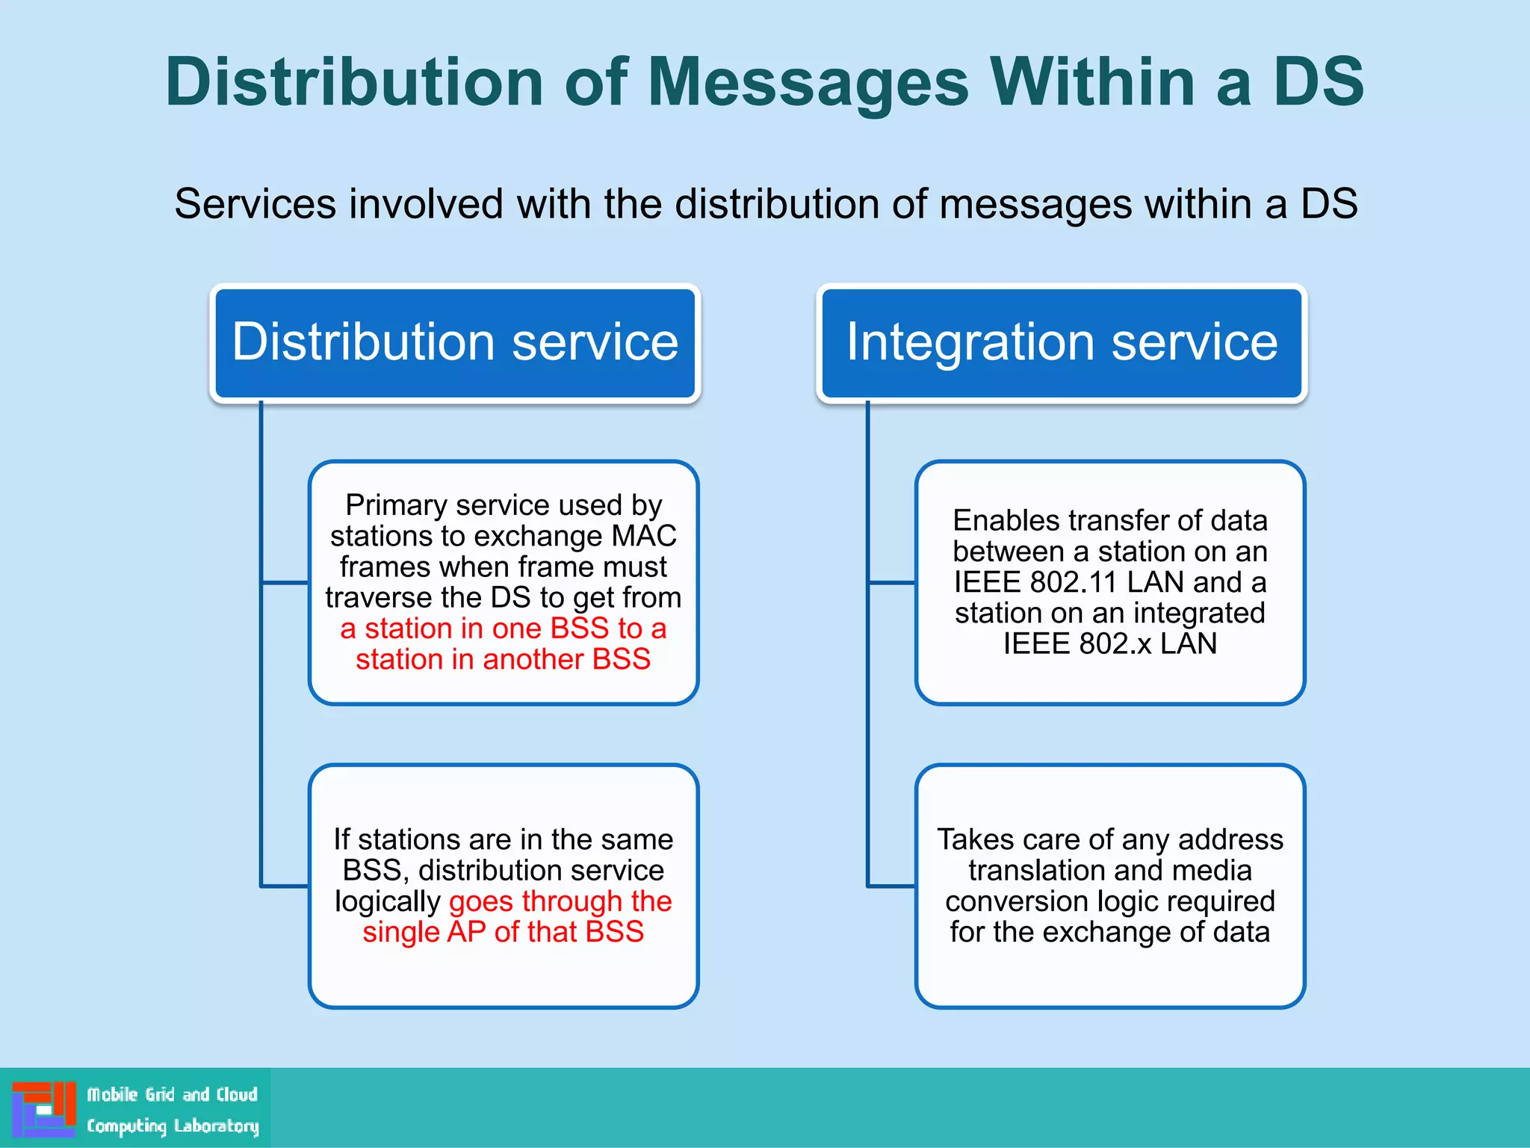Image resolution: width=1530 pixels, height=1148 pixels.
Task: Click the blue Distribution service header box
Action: (455, 343)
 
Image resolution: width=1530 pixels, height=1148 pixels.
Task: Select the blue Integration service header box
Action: (1062, 343)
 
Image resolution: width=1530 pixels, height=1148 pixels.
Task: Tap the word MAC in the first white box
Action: (643, 536)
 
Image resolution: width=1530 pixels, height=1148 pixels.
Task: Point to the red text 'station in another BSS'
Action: (503, 659)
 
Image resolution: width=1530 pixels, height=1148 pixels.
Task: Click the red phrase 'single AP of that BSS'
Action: (503, 932)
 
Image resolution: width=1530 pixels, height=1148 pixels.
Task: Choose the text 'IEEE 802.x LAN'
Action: (1110, 644)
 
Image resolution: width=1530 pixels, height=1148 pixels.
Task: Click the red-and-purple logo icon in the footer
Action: (43, 1108)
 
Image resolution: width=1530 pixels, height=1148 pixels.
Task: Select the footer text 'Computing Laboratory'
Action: (173, 1126)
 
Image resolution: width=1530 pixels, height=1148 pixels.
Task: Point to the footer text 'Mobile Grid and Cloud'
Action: (172, 1095)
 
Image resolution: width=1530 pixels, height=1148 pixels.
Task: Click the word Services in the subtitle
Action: (255, 204)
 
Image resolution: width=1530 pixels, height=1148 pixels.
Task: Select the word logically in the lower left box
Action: (387, 902)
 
